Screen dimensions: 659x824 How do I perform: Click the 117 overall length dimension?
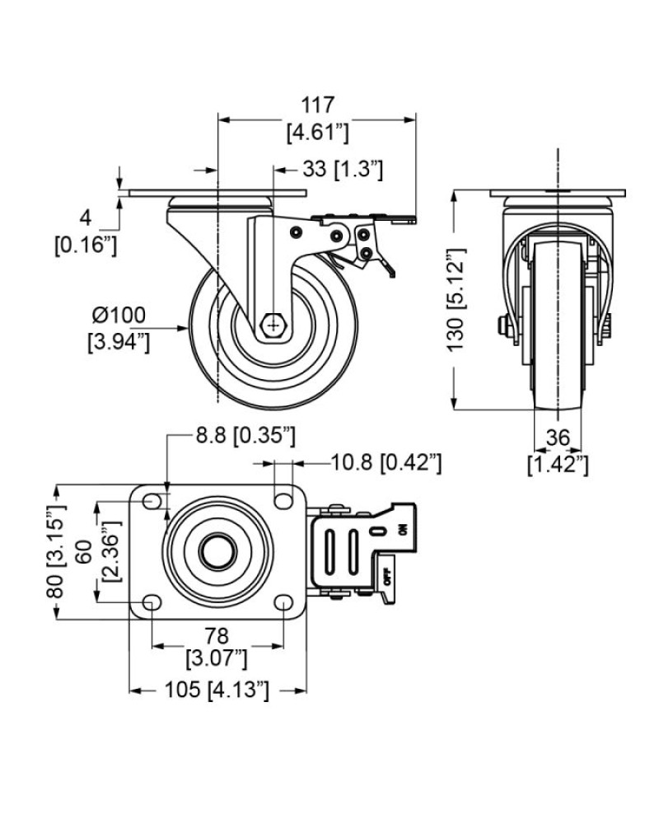pos(318,105)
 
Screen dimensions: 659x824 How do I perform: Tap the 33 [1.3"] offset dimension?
pos(343,170)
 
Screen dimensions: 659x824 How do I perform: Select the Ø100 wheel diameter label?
pos(119,316)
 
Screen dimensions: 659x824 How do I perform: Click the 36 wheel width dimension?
pos(558,438)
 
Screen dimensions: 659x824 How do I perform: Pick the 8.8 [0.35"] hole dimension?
pos(245,436)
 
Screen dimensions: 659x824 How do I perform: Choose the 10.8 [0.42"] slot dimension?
pos(386,463)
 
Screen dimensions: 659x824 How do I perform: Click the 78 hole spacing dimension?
pos(217,636)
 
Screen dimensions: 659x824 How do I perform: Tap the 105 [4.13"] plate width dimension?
pos(217,690)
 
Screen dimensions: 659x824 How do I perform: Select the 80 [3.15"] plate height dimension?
pos(56,551)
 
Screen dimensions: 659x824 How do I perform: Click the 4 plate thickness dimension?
pos(85,218)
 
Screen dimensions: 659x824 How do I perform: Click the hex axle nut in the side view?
pos(273,326)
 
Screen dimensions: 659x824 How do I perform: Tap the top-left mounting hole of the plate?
pos(152,501)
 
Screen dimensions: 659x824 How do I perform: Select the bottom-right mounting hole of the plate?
pos(283,602)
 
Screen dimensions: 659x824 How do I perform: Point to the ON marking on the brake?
pos(403,530)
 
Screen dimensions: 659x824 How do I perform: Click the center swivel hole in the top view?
pos(217,551)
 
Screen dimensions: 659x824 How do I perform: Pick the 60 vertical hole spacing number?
pos(85,551)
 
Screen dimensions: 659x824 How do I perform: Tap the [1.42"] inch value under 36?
pos(558,465)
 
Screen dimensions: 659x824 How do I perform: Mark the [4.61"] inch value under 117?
pos(318,132)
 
